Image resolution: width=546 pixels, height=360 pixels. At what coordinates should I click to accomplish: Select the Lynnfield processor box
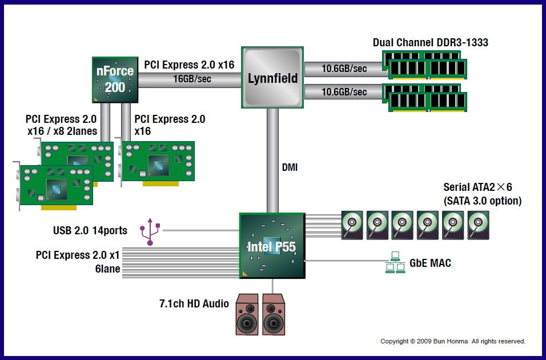(273, 78)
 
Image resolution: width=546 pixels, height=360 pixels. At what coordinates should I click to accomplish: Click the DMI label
(290, 168)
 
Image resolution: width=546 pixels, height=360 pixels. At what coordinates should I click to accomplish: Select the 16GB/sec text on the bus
(192, 79)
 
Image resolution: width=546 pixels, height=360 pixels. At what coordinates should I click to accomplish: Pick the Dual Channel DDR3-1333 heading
(430, 43)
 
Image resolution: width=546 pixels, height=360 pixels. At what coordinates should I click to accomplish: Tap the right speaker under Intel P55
(273, 315)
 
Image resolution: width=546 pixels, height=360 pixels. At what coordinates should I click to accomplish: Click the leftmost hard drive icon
(352, 225)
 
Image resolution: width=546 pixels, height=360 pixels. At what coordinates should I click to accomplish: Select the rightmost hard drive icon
(479, 225)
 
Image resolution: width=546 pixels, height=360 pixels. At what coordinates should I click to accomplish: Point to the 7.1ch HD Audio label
(194, 303)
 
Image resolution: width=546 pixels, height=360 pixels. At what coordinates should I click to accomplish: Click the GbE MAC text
(430, 263)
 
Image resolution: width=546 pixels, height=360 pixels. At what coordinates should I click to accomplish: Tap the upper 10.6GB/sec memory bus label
(344, 69)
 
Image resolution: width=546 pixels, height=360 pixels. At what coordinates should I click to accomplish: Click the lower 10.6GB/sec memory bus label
(344, 92)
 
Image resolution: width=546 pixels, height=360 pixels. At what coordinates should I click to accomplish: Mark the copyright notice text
(453, 341)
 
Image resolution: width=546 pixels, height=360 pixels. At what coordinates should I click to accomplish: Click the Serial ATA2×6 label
(481, 187)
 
